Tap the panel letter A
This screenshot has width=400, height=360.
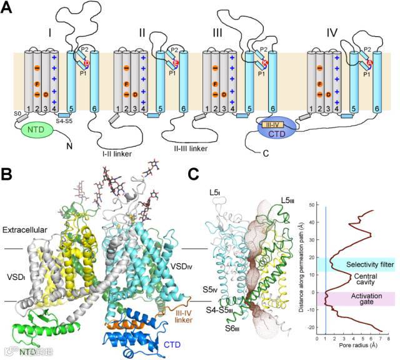pos(9,9)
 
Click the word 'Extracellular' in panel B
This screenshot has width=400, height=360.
pos(26,230)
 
